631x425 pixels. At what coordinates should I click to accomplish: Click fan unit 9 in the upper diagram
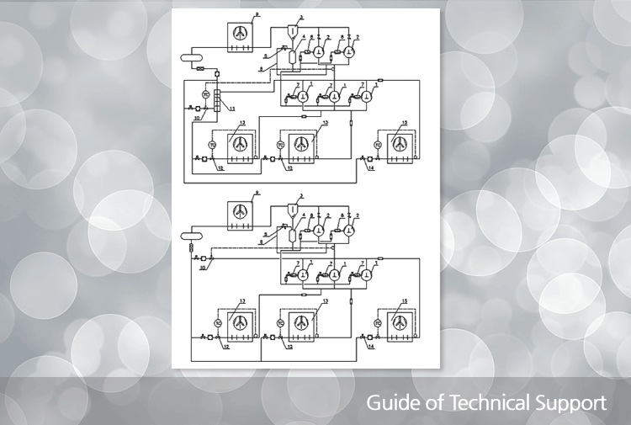[x=241, y=34]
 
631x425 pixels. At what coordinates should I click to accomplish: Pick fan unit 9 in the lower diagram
[x=241, y=212]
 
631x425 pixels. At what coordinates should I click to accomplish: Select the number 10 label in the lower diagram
[x=202, y=268]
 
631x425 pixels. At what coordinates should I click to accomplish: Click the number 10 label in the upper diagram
[x=196, y=120]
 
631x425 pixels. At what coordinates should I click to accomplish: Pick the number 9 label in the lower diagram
[x=257, y=192]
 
